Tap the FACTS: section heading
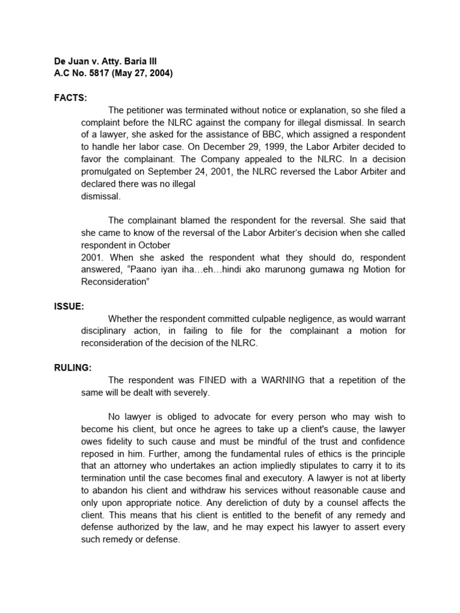coord(71,98)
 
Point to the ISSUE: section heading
coord(69,306)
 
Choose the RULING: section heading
coord(73,368)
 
